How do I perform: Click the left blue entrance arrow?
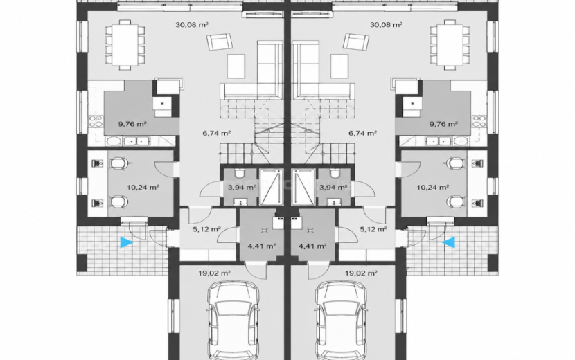click(126, 242)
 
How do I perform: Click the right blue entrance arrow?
click(448, 242)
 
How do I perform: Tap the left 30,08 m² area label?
click(192, 25)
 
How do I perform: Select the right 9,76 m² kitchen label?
click(443, 124)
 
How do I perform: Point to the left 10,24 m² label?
click(143, 188)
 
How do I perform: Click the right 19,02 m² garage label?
click(361, 273)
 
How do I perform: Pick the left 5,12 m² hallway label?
click(206, 229)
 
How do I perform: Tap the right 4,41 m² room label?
click(312, 246)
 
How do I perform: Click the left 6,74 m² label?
click(216, 133)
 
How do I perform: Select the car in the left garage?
click(233, 320)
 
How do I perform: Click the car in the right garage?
click(342, 320)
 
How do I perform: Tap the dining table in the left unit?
click(125, 45)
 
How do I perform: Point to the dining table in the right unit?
click(450, 45)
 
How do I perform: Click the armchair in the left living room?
click(220, 41)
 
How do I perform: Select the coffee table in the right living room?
click(339, 66)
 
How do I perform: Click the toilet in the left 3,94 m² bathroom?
click(240, 173)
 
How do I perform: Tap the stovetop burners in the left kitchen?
click(96, 121)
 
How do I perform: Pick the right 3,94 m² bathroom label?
click(333, 188)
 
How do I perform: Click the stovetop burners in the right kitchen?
click(479, 121)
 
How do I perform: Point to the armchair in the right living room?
click(355, 41)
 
